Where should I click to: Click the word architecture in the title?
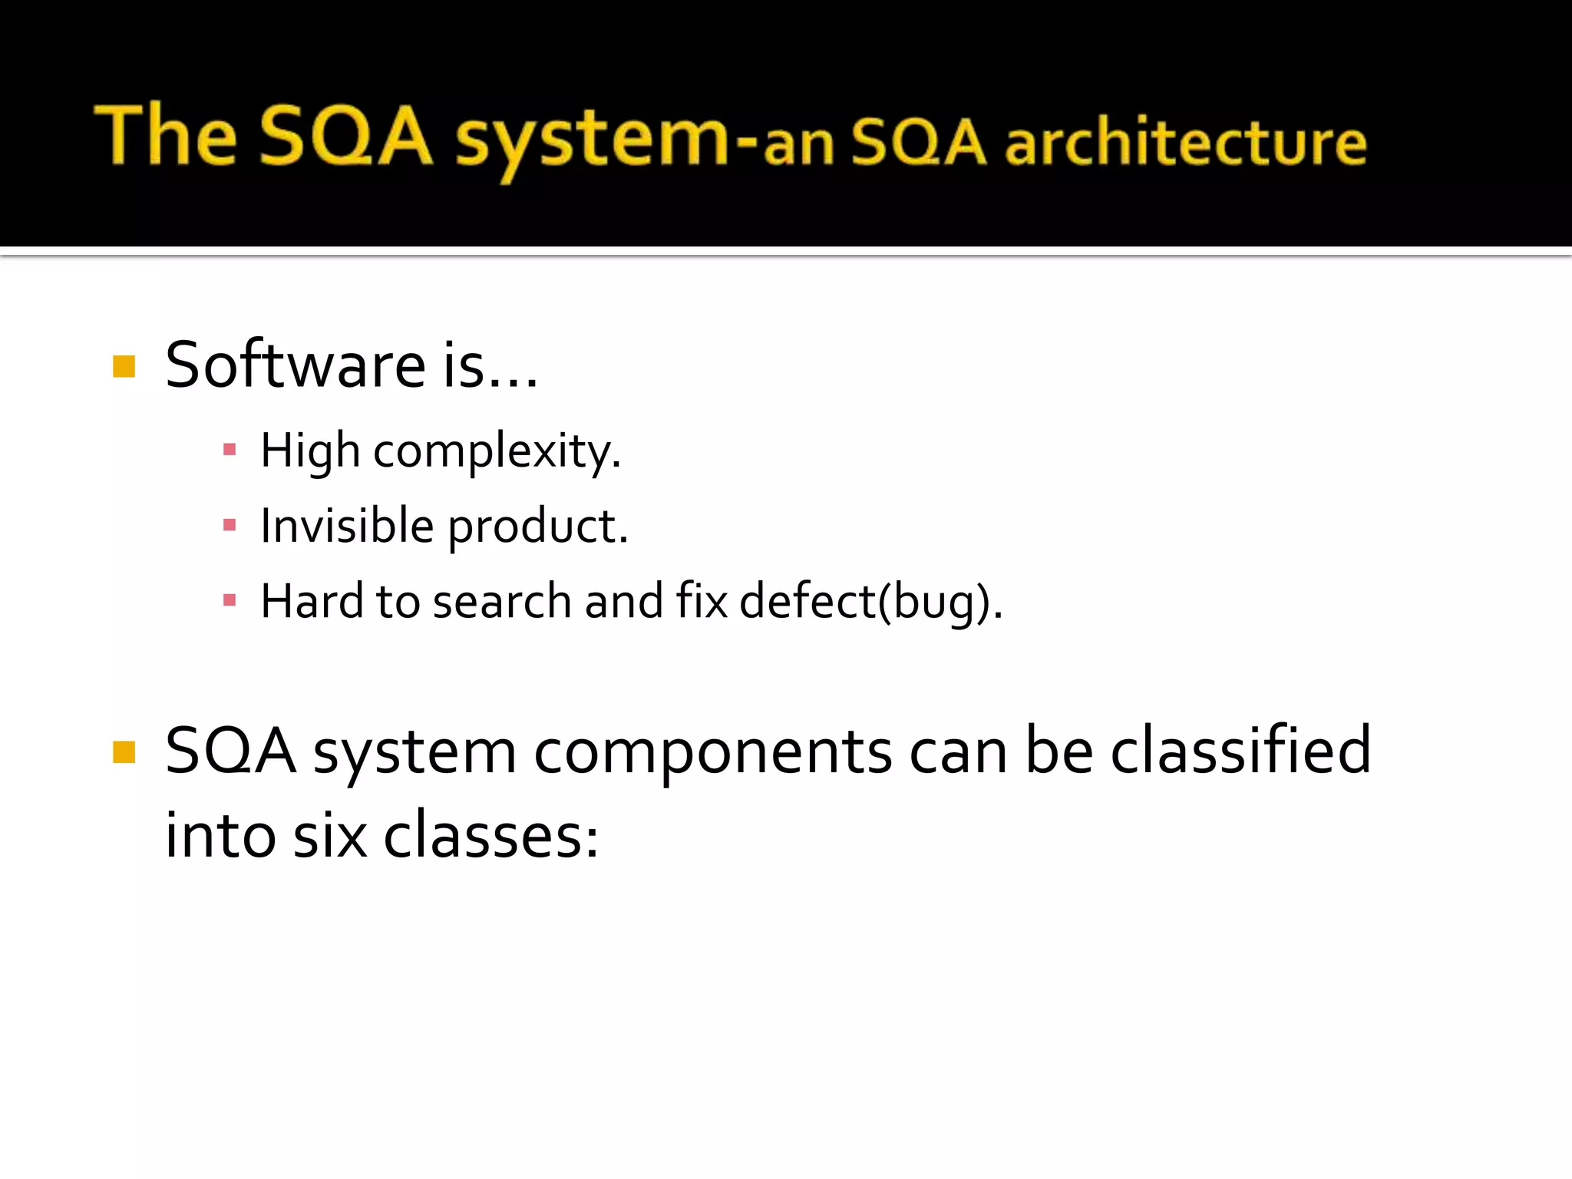click(1186, 144)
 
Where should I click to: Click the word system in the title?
click(591, 138)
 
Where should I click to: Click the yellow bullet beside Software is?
click(124, 367)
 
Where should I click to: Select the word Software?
click(296, 365)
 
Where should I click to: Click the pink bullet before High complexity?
click(230, 450)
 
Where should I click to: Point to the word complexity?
click(497, 451)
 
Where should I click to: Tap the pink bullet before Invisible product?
click(230, 525)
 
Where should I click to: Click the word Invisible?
click(347, 527)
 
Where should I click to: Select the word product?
click(537, 528)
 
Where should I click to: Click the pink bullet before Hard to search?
click(230, 600)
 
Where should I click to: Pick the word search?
click(501, 601)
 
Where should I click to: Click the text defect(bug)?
click(870, 602)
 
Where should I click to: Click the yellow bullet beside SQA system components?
click(124, 752)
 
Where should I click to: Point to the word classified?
click(1240, 751)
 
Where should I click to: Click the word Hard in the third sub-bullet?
click(312, 601)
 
